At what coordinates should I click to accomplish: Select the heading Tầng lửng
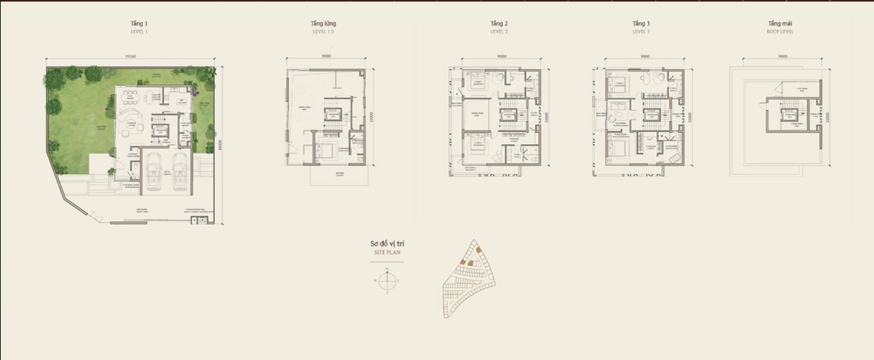tap(323, 23)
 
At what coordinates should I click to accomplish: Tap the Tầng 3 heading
tap(642, 23)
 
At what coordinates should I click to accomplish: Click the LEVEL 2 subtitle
tap(499, 31)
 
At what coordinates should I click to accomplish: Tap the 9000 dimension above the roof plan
tap(782, 56)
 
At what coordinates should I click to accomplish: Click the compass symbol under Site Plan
tap(388, 279)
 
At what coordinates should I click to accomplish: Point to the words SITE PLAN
tap(386, 253)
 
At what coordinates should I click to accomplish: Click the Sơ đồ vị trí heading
tap(386, 244)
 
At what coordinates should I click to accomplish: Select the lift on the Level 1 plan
tap(160, 131)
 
